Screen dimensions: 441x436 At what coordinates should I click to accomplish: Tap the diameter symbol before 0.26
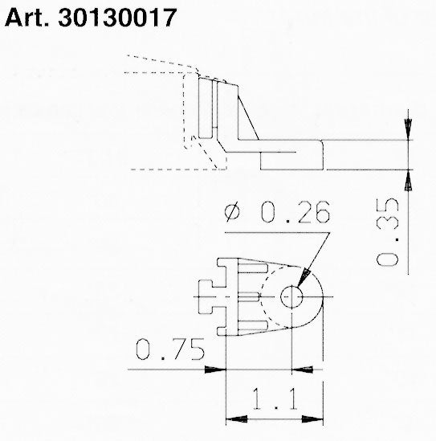233,213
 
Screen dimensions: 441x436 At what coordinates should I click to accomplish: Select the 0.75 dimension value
169,351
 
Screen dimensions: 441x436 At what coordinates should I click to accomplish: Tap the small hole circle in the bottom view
291,298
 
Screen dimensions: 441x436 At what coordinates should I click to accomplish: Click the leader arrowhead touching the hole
303,279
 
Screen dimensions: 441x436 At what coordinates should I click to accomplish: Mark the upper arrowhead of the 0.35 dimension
408,129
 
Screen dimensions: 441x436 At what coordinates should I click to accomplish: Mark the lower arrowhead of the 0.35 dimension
408,180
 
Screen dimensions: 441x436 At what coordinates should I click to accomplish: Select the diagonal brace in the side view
245,116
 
